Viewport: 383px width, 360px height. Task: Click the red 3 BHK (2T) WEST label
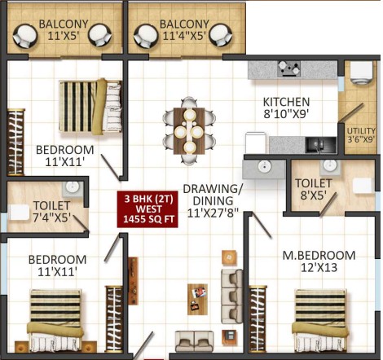pyautogui.click(x=147, y=209)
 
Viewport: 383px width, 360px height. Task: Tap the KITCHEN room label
pyautogui.click(x=286, y=102)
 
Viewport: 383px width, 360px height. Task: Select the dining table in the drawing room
pyautogui.click(x=189, y=131)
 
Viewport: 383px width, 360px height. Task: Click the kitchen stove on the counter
pyautogui.click(x=288, y=68)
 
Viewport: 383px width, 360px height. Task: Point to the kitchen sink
pyautogui.click(x=321, y=145)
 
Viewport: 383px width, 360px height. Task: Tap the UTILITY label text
pyautogui.click(x=361, y=131)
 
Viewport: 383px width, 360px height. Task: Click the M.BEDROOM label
pyautogui.click(x=319, y=256)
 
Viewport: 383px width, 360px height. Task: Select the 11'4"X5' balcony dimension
pyautogui.click(x=184, y=36)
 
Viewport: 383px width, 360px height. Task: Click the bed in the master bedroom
pyautogui.click(x=320, y=321)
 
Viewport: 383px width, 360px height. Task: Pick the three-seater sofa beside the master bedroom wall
pyautogui.click(x=231, y=296)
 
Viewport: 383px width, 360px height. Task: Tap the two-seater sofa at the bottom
pyautogui.click(x=194, y=341)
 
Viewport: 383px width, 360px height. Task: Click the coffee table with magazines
pyautogui.click(x=197, y=300)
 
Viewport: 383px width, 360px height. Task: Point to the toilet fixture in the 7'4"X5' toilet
pyautogui.click(x=19, y=213)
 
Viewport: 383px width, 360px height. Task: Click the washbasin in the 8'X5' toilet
pyautogui.click(x=329, y=166)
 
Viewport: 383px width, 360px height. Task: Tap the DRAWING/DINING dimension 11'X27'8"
pyautogui.click(x=213, y=213)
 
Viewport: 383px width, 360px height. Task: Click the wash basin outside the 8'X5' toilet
pyautogui.click(x=264, y=168)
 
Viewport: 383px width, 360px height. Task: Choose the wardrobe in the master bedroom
pyautogui.click(x=258, y=319)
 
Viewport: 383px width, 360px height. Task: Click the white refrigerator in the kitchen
pyautogui.click(x=255, y=143)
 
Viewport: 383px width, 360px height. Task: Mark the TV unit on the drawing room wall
pyautogui.click(x=133, y=281)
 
